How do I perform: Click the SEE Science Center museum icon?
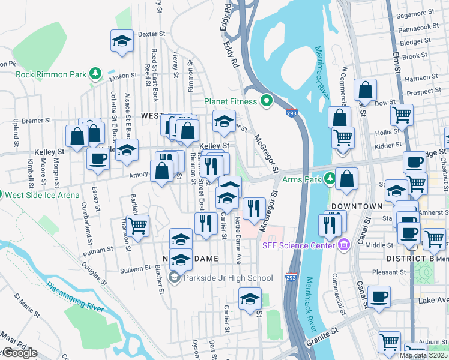coord(344,244)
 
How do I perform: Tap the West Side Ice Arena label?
coord(34,194)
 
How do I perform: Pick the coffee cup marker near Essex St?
coord(98,159)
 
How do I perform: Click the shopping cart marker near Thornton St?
coord(137,226)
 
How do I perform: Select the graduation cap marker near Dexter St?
coord(122,41)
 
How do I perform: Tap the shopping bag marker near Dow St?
coord(365,91)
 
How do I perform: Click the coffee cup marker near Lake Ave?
coord(379,296)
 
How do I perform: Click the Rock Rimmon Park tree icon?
coord(95,73)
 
